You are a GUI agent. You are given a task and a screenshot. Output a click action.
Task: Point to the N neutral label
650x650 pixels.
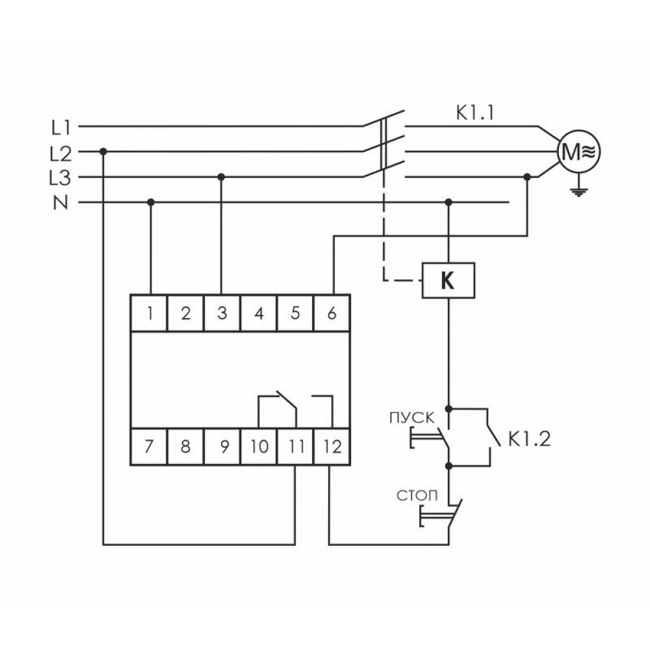(60, 203)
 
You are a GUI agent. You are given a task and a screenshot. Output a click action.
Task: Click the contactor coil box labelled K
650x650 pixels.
(448, 280)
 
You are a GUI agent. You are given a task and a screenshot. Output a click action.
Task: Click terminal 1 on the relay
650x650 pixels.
(150, 314)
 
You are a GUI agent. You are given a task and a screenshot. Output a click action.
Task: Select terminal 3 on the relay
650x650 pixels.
(222, 314)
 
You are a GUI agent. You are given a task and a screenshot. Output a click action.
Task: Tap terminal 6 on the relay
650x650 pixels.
(331, 314)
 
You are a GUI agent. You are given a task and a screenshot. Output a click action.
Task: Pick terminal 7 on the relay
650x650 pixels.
(150, 447)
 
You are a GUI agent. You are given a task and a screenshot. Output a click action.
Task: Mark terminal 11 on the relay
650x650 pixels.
(296, 447)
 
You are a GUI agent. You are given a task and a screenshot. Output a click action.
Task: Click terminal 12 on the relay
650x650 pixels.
(331, 447)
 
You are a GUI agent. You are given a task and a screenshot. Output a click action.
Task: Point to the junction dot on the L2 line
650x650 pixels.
(103, 152)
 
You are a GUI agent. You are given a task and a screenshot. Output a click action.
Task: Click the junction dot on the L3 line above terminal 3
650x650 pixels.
(222, 177)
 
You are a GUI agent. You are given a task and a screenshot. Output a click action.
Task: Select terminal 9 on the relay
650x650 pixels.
(223, 447)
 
